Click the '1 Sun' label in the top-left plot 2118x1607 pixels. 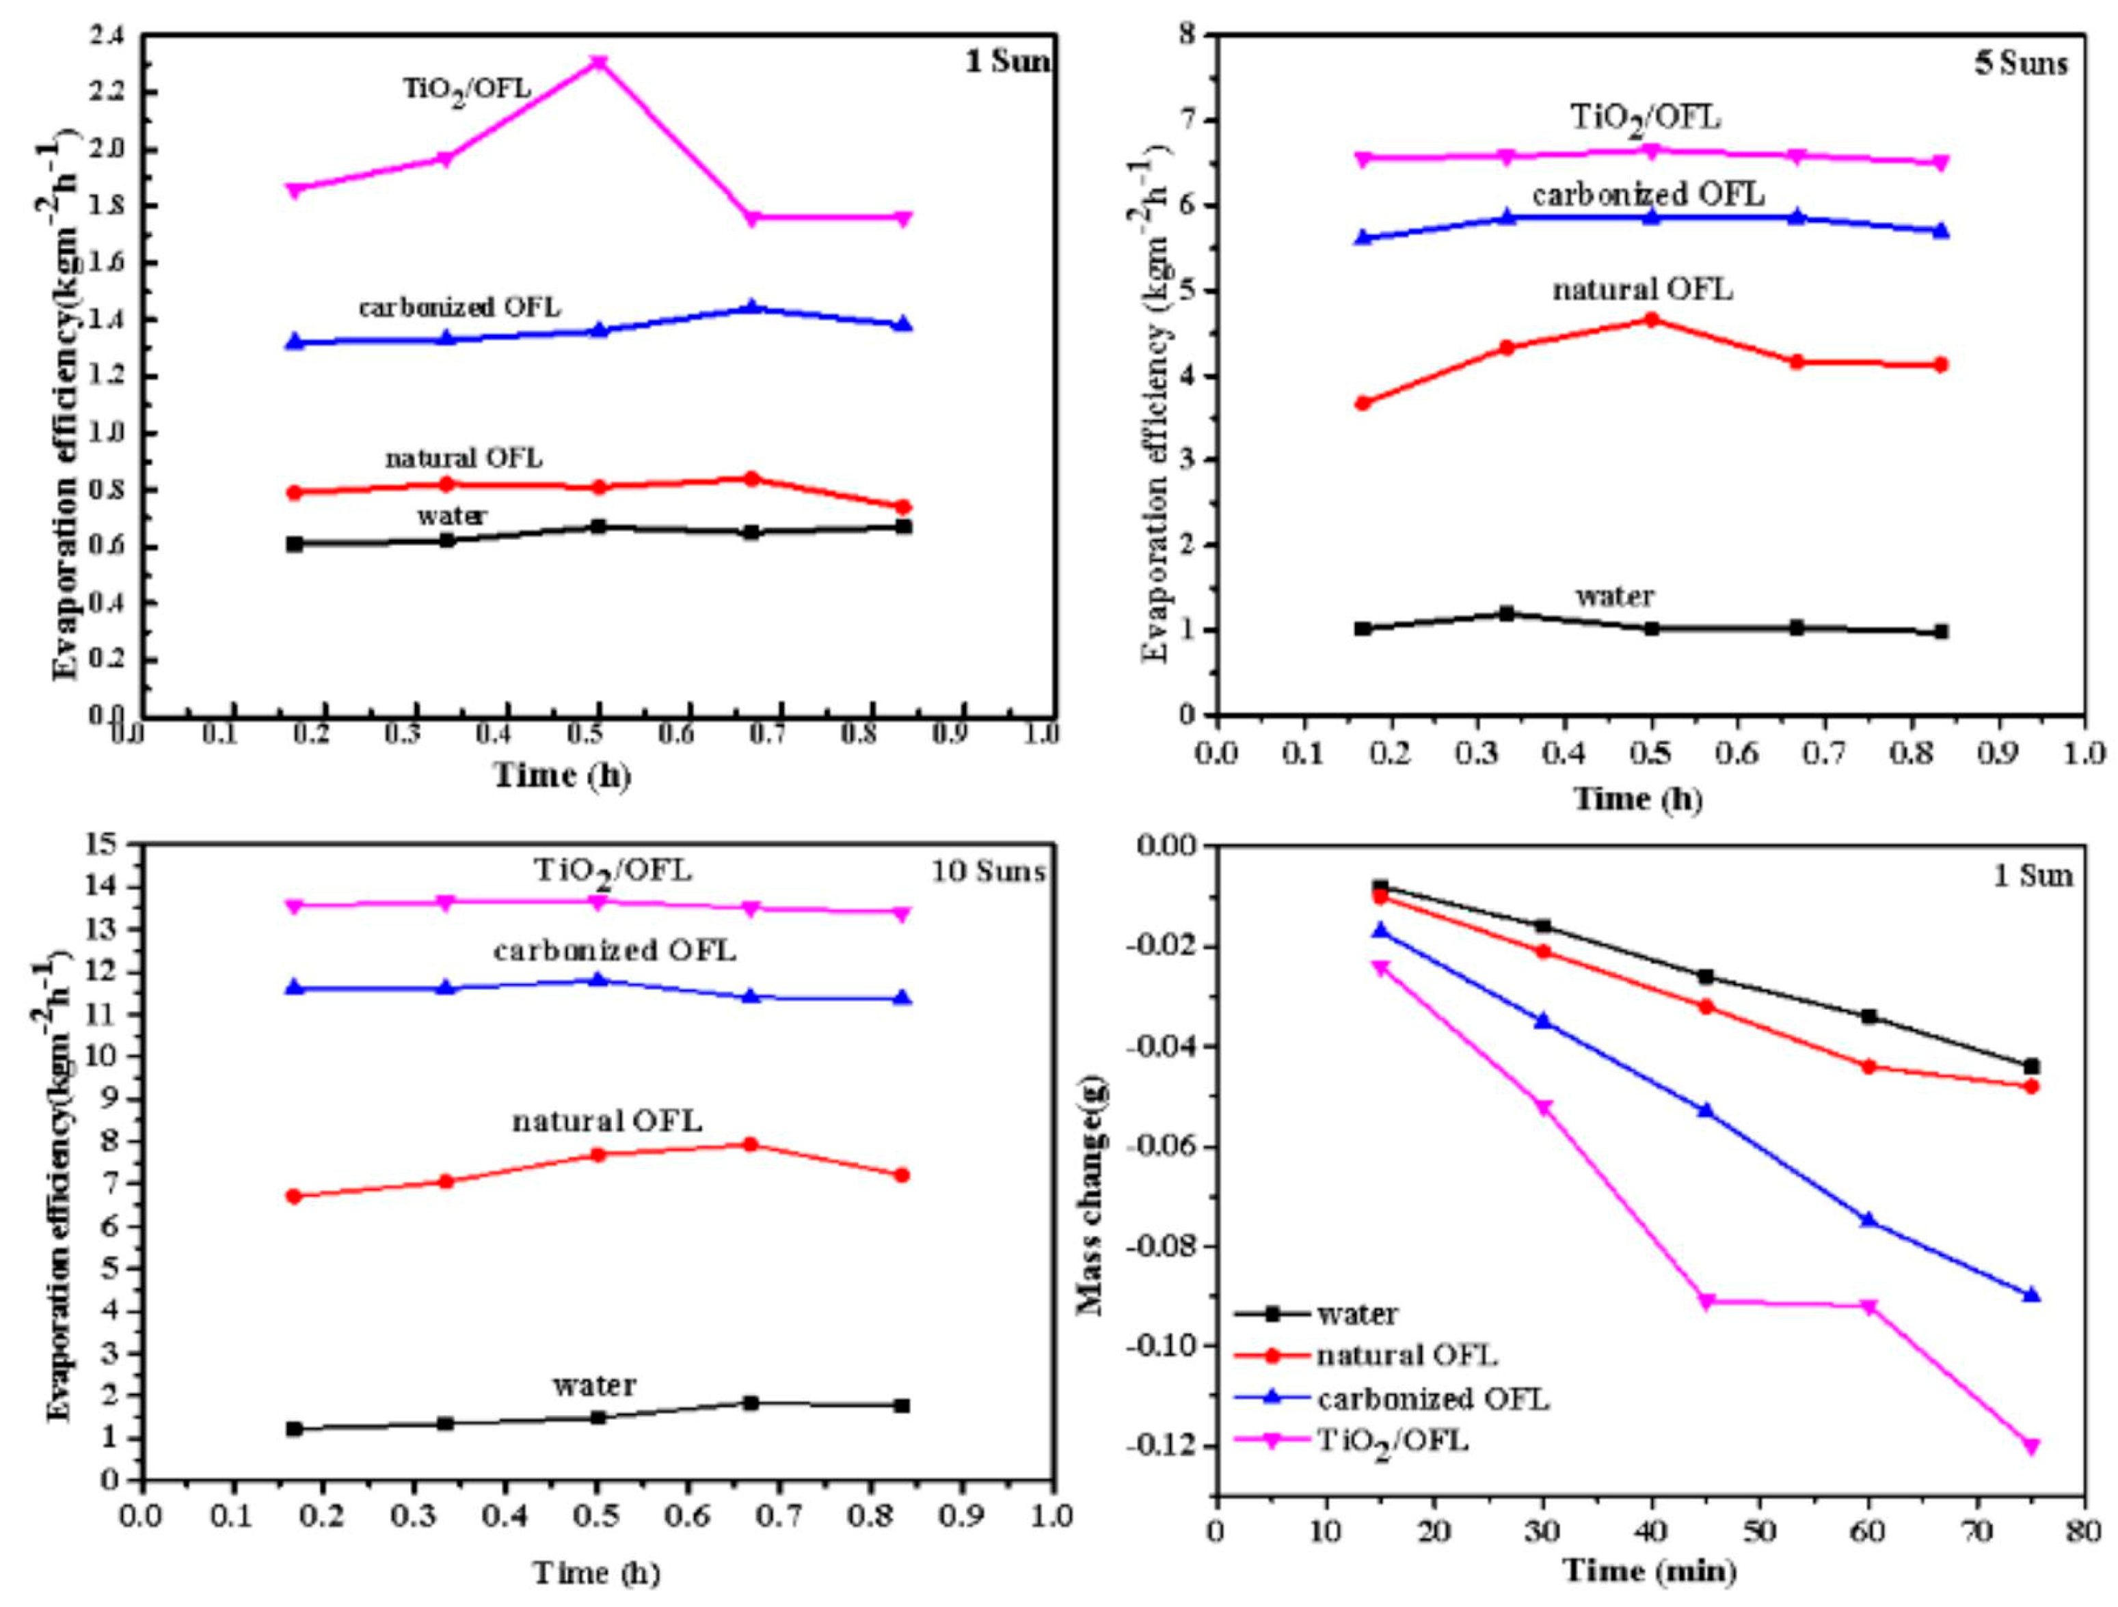[1006, 62]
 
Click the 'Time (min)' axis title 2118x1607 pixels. [1650, 1571]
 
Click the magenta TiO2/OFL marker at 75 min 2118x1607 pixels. [2032, 1446]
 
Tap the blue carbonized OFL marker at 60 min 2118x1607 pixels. [1868, 1220]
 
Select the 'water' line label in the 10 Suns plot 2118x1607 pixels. [593, 1385]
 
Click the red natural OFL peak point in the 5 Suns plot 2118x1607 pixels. [1651, 320]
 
